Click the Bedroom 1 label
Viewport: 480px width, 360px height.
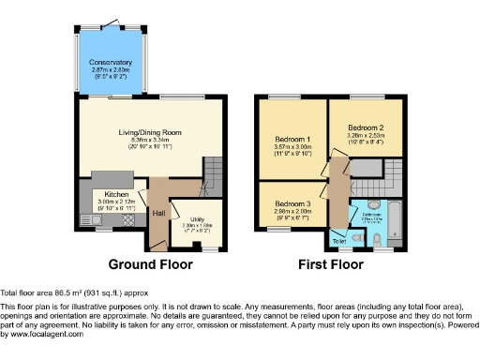coord(290,138)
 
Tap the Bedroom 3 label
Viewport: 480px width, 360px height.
coord(293,203)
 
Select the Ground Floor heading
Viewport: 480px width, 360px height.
coord(152,265)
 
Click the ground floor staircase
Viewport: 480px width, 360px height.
coord(214,172)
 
